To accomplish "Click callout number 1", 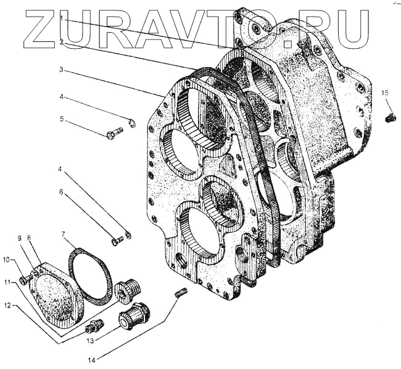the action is coord(62,20).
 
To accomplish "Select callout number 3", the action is coord(62,70).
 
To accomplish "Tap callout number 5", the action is coord(62,119).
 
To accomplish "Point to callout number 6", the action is coord(62,192).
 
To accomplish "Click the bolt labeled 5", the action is coord(114,134).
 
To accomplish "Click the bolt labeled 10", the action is coord(25,280).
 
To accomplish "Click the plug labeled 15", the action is coord(389,117).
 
